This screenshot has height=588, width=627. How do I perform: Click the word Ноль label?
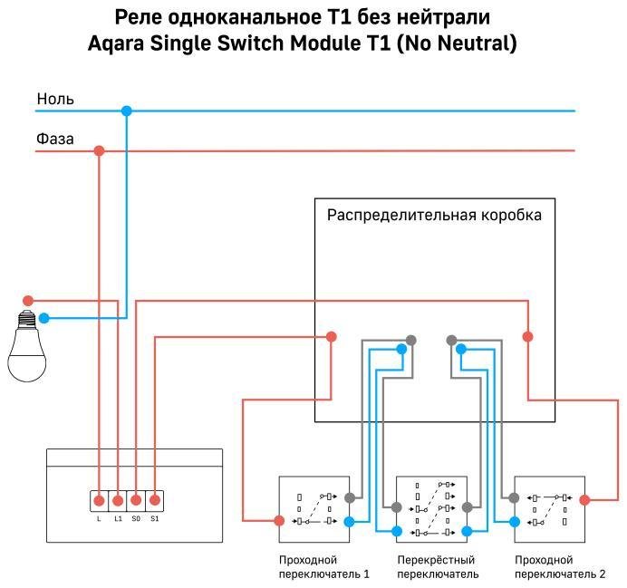[x=55, y=99]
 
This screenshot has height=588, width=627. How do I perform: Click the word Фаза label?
[x=55, y=139]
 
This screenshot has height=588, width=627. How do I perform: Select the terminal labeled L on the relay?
[x=99, y=499]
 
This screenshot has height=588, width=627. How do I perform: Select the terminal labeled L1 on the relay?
[x=117, y=499]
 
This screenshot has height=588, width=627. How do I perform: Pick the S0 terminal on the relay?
[x=136, y=499]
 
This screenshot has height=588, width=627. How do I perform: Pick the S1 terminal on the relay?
[x=155, y=499]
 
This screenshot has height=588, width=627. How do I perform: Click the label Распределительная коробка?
[x=434, y=216]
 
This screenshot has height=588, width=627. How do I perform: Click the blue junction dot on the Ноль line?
[x=127, y=111]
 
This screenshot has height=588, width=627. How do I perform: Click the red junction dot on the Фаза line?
[x=99, y=150]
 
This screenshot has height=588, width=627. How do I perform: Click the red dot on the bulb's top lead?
[x=28, y=300]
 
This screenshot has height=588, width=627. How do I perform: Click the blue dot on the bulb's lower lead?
[x=44, y=318]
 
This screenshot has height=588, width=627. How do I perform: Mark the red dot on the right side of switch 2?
[x=584, y=499]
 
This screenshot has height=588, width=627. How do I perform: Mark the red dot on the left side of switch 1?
[x=279, y=521]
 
